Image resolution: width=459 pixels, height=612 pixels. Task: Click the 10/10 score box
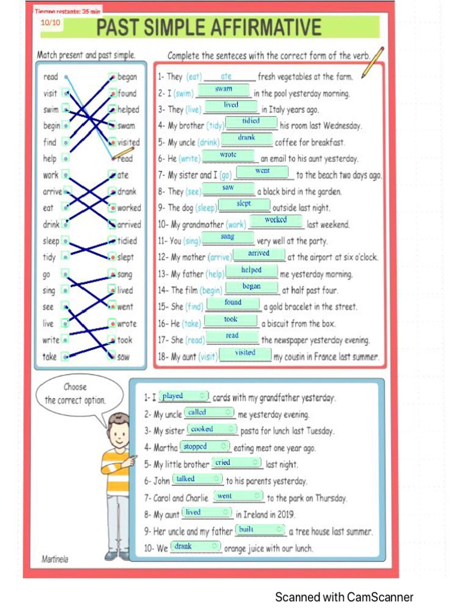click(x=50, y=23)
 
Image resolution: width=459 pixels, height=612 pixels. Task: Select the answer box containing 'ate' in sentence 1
click(x=227, y=76)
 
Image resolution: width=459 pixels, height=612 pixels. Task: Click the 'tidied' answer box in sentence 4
click(x=251, y=121)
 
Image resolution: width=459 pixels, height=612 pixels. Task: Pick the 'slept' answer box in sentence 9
click(x=244, y=204)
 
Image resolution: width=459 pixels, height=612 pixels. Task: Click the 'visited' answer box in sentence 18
click(x=245, y=353)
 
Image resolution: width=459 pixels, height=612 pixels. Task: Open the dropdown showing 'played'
click(x=184, y=396)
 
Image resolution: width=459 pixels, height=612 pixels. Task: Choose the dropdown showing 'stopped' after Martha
click(x=205, y=446)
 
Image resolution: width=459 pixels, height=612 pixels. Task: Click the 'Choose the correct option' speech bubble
click(x=75, y=394)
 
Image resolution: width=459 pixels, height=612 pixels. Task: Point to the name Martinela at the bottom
click(x=55, y=559)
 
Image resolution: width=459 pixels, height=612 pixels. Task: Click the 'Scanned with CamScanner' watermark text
click(x=344, y=596)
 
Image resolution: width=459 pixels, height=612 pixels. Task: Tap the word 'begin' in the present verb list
click(x=51, y=126)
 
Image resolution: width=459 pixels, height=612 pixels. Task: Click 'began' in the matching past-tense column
click(x=127, y=76)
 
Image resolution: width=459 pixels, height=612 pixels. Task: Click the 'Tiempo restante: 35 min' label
click(x=68, y=11)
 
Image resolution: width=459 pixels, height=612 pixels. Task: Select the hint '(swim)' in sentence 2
click(x=184, y=94)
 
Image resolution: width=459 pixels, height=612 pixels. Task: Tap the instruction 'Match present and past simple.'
click(x=86, y=55)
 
